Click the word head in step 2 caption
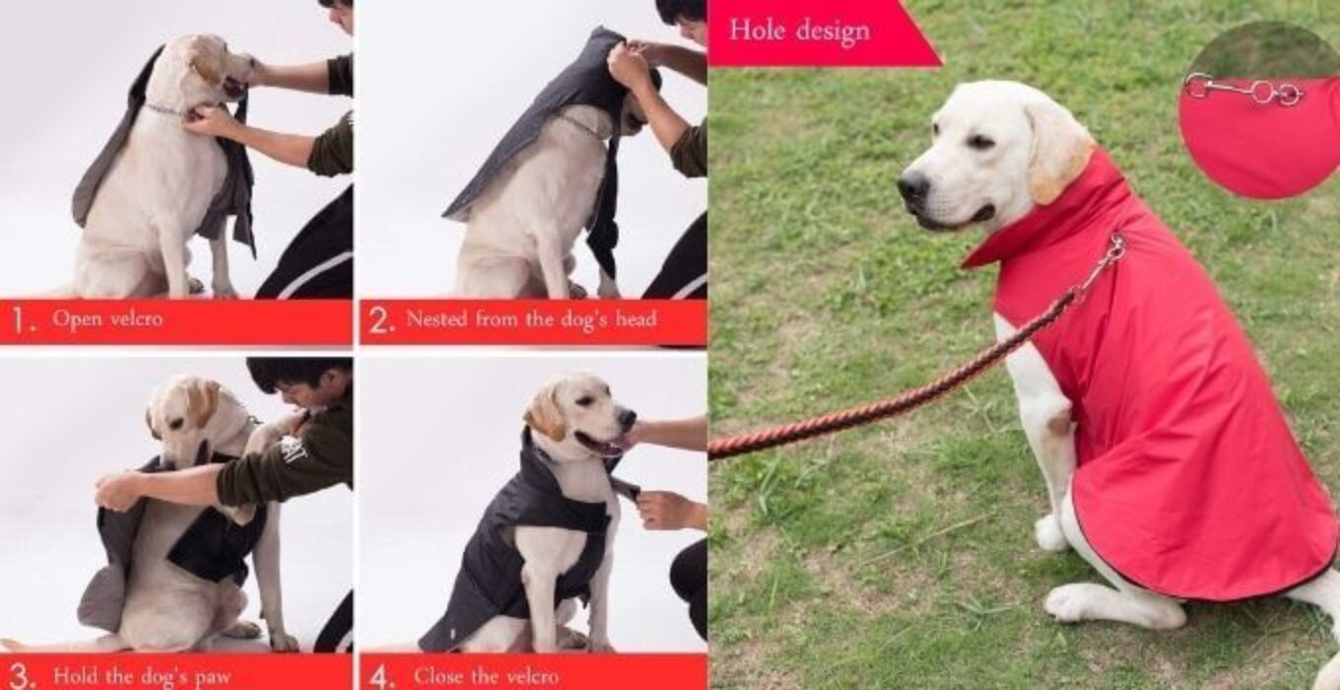(636, 318)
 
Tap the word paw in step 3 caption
(213, 677)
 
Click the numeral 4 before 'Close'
(380, 677)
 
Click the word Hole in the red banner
(756, 29)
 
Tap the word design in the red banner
(834, 32)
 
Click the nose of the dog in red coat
(912, 185)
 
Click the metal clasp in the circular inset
(1243, 90)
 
